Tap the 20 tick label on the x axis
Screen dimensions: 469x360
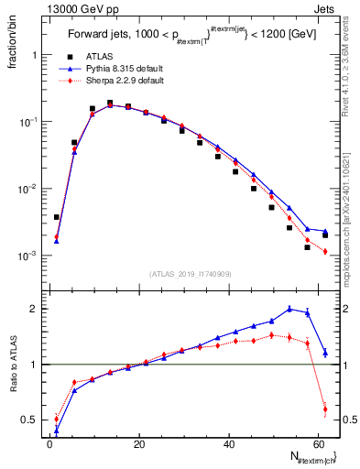point(137,444)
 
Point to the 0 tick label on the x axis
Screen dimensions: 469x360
point(49,444)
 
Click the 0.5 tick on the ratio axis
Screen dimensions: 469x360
point(31,420)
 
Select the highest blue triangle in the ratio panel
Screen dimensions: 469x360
point(289,309)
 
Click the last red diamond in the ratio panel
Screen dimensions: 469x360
point(325,409)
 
